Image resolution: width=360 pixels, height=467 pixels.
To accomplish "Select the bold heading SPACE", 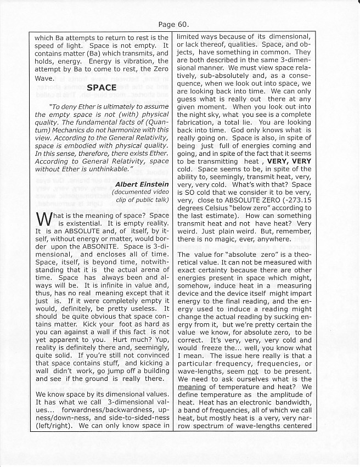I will (x=102, y=87).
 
